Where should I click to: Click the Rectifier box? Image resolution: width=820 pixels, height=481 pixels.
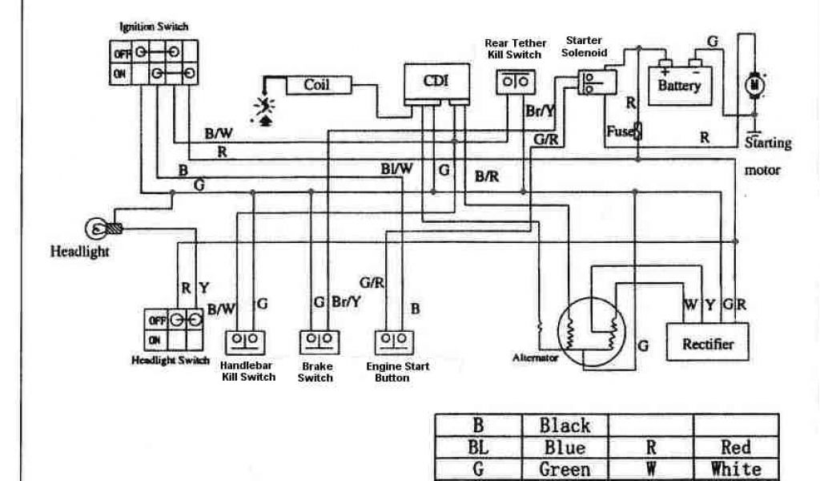[x=708, y=345]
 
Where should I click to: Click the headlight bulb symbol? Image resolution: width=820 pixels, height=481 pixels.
[x=99, y=228]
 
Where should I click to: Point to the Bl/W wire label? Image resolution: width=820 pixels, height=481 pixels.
[x=397, y=168]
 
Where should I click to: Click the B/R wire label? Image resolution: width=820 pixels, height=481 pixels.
[x=487, y=176]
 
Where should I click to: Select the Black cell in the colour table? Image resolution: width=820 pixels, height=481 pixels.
[x=565, y=426]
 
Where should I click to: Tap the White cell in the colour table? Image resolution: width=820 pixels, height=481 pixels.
[x=735, y=468]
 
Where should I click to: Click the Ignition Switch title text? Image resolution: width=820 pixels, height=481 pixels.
[x=154, y=26]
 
